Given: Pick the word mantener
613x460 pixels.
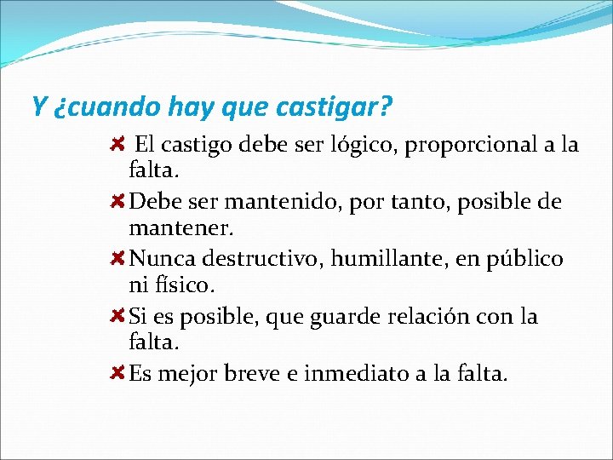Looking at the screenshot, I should [x=180, y=229].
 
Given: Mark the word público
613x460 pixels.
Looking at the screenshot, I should [x=524, y=259].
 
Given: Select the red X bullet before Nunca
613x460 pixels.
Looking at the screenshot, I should [x=118, y=258].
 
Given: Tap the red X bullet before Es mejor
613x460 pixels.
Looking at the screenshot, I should [x=118, y=372].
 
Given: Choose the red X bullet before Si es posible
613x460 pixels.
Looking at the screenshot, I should [x=118, y=316].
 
